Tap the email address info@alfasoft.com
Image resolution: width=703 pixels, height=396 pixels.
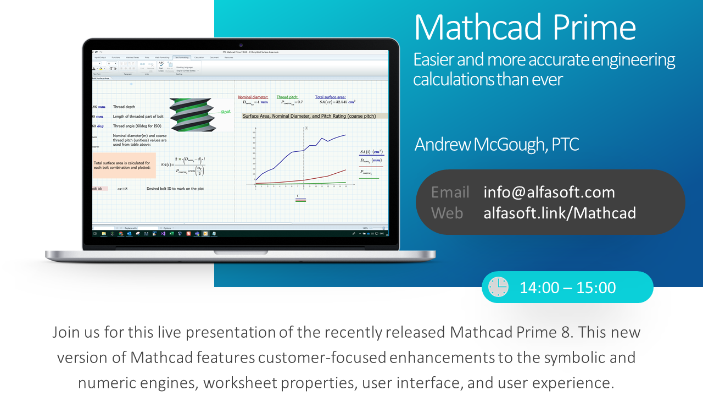click(x=549, y=192)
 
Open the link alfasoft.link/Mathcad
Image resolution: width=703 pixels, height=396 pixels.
click(x=559, y=213)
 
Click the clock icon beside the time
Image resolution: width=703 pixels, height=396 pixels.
click(x=498, y=287)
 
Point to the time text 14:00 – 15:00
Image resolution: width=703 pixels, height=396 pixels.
click(x=567, y=288)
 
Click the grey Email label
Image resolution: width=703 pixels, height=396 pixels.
click(x=450, y=192)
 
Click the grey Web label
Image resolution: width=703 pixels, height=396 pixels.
click(x=447, y=213)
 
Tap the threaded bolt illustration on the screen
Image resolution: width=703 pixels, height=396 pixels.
click(x=190, y=114)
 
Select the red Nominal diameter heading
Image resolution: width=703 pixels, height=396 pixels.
click(x=253, y=97)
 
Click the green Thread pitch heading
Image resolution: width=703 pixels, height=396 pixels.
click(x=287, y=97)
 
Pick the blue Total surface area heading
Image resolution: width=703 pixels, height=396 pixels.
click(x=330, y=97)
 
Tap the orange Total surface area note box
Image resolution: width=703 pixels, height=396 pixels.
click(x=125, y=166)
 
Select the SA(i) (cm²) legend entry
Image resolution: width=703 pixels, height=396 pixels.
click(x=371, y=152)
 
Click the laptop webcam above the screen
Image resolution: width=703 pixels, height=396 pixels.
click(x=241, y=45)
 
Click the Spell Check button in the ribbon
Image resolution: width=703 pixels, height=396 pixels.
click(x=161, y=67)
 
